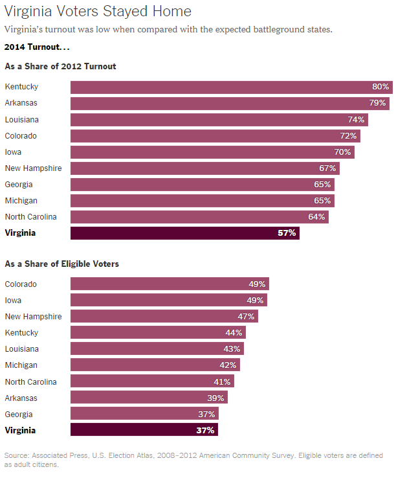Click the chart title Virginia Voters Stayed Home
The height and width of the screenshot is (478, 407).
point(98,11)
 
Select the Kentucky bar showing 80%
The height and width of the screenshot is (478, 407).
point(231,87)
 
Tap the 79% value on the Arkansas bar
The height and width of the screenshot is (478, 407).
point(378,104)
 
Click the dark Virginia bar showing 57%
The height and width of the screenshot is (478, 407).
point(184,233)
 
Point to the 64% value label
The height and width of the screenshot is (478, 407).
point(316,217)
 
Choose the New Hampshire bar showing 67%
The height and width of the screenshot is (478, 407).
point(204,168)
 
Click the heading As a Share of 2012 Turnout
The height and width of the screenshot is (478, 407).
point(60,66)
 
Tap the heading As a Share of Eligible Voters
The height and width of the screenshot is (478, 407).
point(61,264)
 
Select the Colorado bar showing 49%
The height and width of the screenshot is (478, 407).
point(169,284)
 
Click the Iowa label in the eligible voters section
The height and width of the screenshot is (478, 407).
point(13,301)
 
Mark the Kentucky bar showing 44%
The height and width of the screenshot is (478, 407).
point(158,333)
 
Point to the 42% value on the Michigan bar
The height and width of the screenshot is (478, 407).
point(228,365)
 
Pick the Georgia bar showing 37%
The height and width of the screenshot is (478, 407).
point(144,414)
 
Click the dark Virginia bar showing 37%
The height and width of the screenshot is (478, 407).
point(144,430)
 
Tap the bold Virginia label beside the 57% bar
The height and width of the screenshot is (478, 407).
point(20,233)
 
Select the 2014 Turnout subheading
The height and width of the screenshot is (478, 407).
point(36,47)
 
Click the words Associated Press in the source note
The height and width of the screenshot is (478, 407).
point(60,455)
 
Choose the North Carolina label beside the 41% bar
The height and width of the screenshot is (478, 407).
point(30,381)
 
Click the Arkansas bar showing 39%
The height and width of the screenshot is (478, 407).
point(149,398)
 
